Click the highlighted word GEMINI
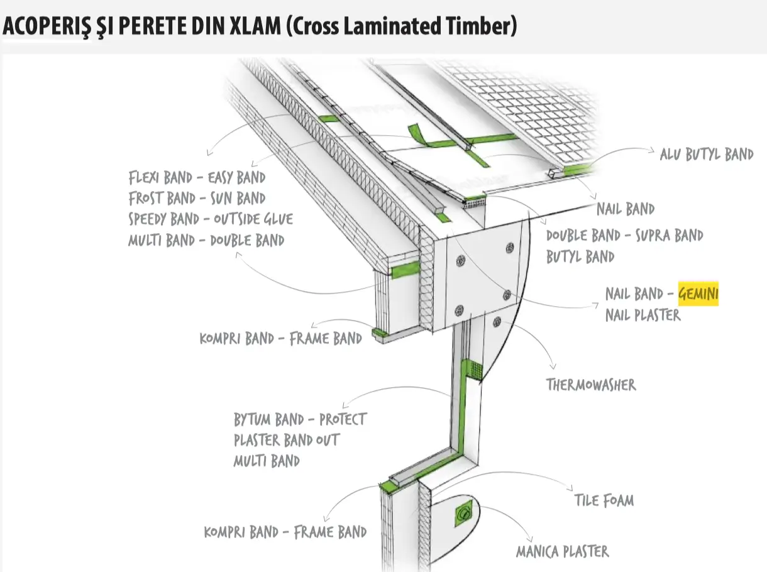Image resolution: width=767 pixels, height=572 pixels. tap(698, 294)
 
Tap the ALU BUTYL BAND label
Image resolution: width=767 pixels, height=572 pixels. tap(706, 154)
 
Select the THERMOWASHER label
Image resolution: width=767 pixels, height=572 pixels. tap(590, 384)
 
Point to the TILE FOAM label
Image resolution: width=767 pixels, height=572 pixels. tap(604, 500)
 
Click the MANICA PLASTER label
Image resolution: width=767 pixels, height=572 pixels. tap(562, 552)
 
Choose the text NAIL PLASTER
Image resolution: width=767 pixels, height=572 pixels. tap(643, 314)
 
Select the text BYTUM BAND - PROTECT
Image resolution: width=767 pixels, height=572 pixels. tap(300, 419)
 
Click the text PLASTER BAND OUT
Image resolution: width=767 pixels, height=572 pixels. tap(286, 440)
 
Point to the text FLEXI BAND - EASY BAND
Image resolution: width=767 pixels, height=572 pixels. tap(197, 177)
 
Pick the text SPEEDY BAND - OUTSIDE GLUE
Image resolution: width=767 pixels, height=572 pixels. tap(211, 219)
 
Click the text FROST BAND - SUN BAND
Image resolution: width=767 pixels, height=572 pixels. tap(197, 198)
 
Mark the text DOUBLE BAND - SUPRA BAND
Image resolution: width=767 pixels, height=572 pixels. tap(624, 236)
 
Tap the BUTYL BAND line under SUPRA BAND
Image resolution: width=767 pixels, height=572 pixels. tap(580, 256)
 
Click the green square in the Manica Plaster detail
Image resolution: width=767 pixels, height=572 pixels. tap(463, 516)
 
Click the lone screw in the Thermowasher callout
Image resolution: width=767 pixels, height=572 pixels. tap(497, 322)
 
